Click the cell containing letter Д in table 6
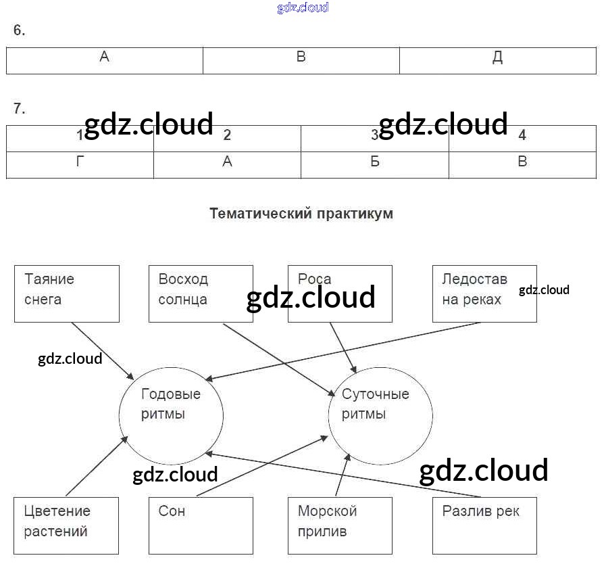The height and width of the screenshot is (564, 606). click(497, 60)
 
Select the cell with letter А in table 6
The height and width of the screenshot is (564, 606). click(105, 60)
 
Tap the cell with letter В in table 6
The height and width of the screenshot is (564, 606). click(301, 60)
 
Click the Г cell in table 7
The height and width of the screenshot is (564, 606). click(80, 164)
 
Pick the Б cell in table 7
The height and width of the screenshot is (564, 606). click(374, 164)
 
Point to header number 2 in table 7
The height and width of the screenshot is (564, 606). click(227, 137)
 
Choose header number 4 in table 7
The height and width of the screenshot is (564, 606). click(522, 137)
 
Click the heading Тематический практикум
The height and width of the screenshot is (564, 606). click(301, 214)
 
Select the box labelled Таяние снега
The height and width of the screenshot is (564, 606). click(66, 293)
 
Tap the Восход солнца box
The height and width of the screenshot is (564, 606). click(201, 293)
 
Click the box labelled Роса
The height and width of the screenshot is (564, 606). click(340, 293)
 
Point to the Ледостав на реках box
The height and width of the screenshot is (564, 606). click(484, 293)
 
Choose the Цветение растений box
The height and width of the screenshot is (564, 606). click(66, 526)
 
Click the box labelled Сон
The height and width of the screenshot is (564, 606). click(201, 526)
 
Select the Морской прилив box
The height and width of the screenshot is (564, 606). click(340, 526)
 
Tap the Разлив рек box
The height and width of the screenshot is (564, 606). click(484, 526)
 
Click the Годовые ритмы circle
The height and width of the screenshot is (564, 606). click(171, 413)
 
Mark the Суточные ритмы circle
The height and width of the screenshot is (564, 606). click(380, 413)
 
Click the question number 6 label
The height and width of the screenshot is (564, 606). click(19, 30)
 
